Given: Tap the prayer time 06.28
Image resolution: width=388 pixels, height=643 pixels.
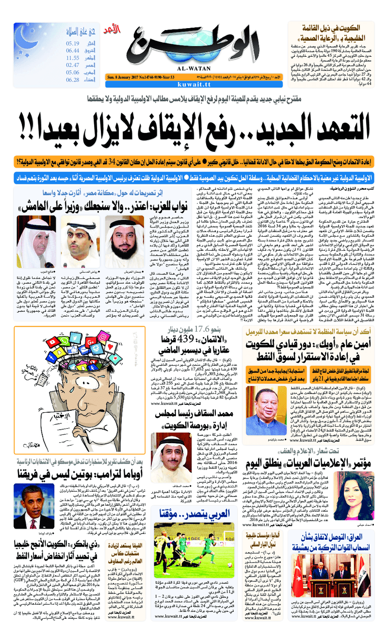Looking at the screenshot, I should coord(73,80).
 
